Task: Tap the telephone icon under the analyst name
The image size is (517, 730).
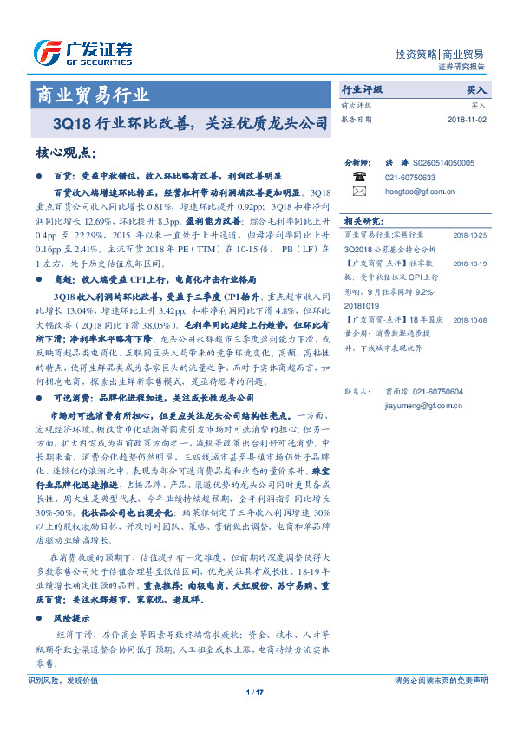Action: click(x=358, y=176)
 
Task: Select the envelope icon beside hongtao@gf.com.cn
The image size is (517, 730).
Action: click(x=358, y=191)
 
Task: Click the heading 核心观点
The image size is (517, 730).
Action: click(x=65, y=153)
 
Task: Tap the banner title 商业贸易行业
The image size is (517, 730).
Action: click(x=90, y=95)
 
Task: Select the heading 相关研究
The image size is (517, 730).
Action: click(x=364, y=220)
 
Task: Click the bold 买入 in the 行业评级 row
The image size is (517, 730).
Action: click(x=476, y=89)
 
